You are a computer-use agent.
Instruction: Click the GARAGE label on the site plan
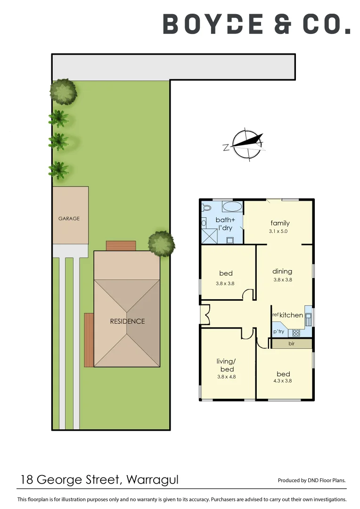(x=69, y=219)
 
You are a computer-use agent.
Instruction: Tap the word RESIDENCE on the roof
(x=127, y=321)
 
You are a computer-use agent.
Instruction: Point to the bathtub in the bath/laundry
(x=231, y=206)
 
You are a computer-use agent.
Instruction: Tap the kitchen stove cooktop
(x=296, y=332)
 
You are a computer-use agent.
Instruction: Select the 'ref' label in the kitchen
(x=276, y=314)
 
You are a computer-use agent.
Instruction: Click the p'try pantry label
(x=279, y=332)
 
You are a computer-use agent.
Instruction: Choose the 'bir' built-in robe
(x=291, y=344)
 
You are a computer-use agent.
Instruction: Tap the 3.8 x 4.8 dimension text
(x=226, y=377)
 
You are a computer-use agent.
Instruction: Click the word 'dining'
(x=282, y=271)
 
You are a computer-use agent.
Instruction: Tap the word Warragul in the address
(x=153, y=480)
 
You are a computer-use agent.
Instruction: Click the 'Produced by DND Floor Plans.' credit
(x=312, y=481)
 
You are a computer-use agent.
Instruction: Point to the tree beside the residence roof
(x=161, y=243)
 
